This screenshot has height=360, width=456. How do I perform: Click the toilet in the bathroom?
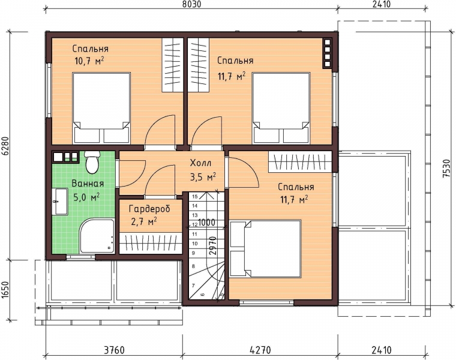coord(92,162)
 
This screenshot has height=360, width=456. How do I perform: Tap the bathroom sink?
coord(60,201)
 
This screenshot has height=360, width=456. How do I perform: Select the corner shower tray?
coord(97,236)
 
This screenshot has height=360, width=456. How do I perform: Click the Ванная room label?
coord(88,184)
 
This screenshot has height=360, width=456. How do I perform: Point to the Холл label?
coord(200,163)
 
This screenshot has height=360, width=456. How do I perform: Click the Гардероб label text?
coord(150,209)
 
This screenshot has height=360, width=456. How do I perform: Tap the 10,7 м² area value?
coord(89,61)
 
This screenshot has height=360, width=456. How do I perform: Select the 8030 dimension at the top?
coord(191,4)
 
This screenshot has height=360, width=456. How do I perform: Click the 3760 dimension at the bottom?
coord(114,350)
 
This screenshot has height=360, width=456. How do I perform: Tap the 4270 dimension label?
coord(260,350)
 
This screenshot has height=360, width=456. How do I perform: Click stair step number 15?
coord(195,197)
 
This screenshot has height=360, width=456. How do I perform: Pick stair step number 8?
coord(194,266)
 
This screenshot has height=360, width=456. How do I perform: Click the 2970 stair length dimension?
coord(213,246)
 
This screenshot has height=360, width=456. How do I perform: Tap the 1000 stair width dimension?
coord(207,223)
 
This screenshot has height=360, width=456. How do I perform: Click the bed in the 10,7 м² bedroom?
coord(101,108)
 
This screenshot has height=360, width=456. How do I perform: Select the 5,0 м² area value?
coord(86,197)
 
